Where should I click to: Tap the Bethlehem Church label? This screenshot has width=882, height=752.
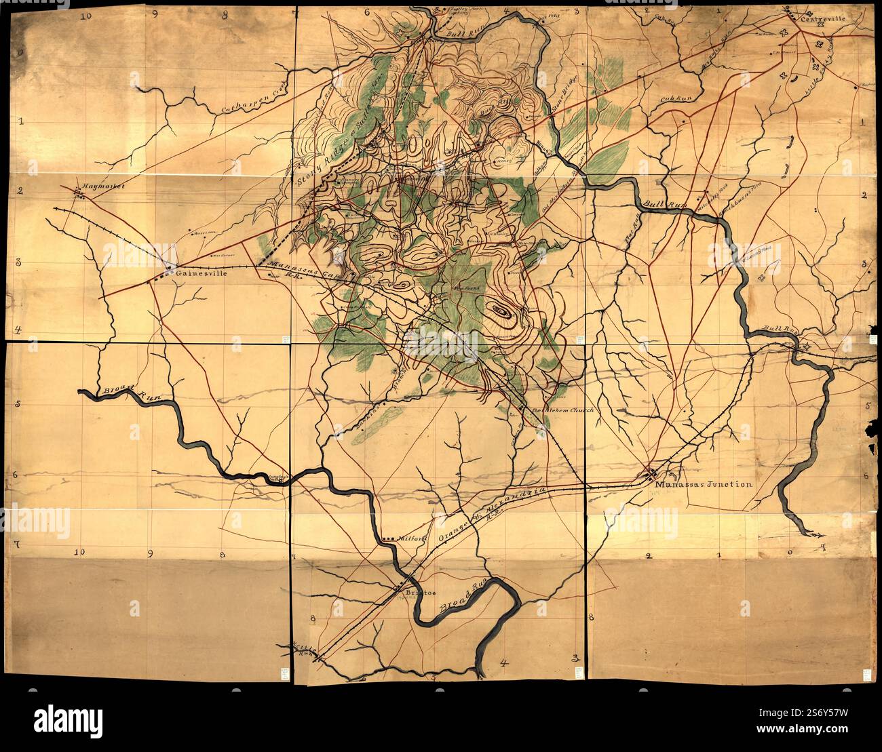click(562, 410)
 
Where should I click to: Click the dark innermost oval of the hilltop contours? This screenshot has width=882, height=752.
click(502, 311)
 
